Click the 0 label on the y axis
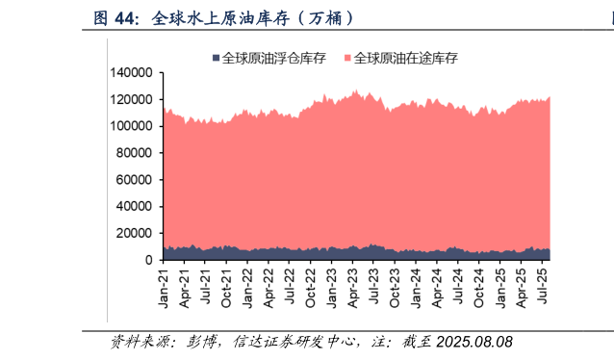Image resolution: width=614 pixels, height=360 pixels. (x=149, y=260)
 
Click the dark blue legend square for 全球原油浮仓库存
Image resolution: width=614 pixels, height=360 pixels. (x=217, y=59)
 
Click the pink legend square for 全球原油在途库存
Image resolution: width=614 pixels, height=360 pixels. (x=348, y=59)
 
